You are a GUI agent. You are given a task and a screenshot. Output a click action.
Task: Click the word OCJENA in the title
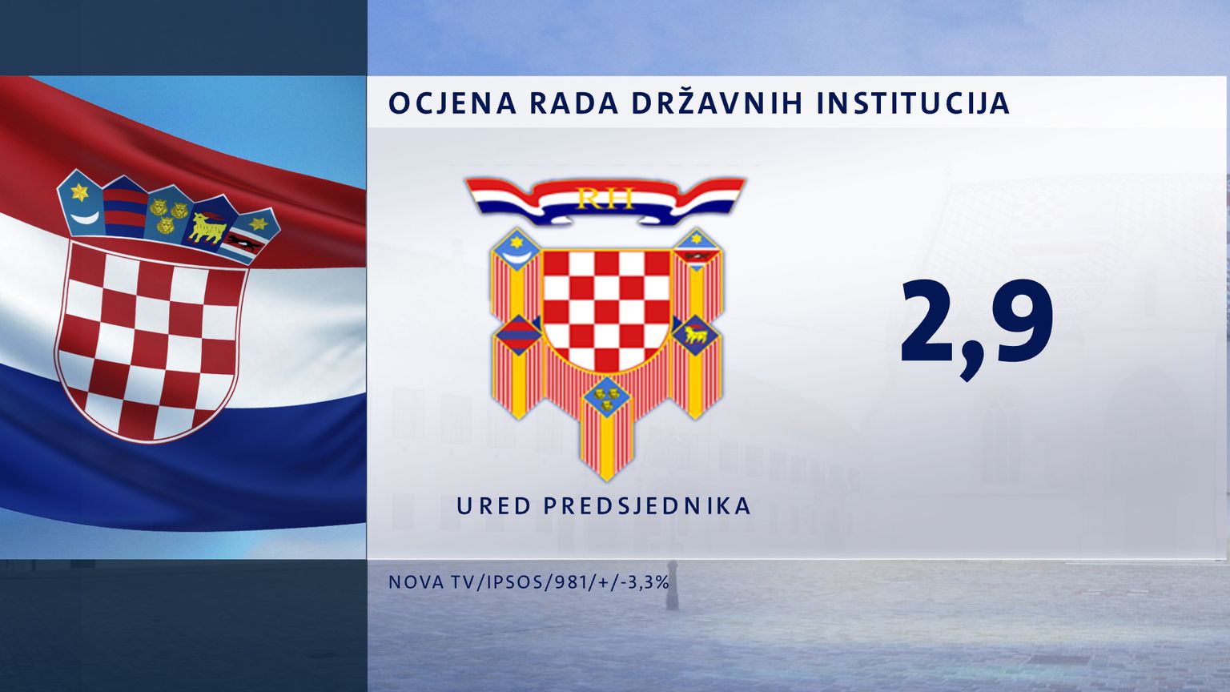[x=452, y=103]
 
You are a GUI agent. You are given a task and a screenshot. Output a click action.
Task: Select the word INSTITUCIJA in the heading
[x=913, y=103]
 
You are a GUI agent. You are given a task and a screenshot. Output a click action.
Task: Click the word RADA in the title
[x=574, y=103]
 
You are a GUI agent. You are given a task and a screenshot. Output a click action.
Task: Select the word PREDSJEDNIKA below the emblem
[x=647, y=506]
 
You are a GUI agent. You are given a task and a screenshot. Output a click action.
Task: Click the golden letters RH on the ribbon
[x=605, y=199]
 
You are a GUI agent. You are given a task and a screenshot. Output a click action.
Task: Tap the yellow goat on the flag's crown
[x=207, y=227]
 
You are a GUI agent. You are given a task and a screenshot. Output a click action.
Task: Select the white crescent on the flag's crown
[x=88, y=218]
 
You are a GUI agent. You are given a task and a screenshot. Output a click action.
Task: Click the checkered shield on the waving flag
[x=151, y=340]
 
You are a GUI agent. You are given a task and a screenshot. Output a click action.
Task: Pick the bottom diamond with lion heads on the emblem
[x=606, y=397]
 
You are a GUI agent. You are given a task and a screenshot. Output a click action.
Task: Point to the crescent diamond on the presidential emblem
[x=517, y=250]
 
